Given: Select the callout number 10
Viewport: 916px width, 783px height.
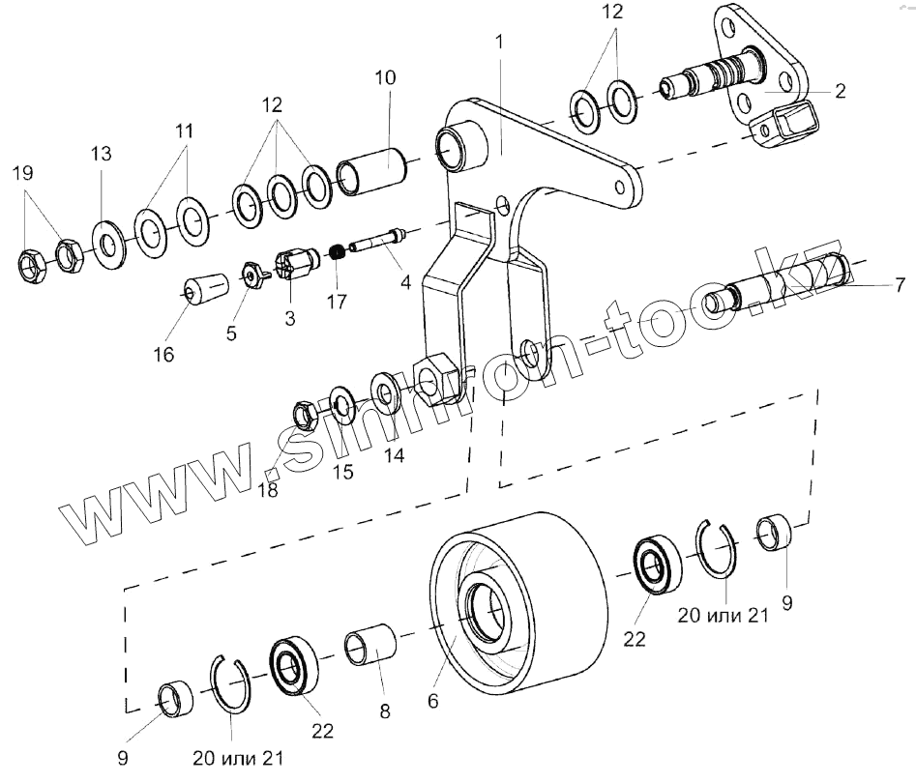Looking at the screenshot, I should click(x=385, y=77).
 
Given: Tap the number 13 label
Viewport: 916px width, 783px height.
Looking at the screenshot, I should click(x=101, y=154).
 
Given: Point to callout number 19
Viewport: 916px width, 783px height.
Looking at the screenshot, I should click(x=22, y=174).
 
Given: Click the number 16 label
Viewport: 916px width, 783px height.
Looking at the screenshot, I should click(x=163, y=355).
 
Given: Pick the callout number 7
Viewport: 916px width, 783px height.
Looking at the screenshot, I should click(x=899, y=284).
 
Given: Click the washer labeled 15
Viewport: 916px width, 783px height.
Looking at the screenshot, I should click(x=342, y=403).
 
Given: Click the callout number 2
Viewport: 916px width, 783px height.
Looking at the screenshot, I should click(x=840, y=92).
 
